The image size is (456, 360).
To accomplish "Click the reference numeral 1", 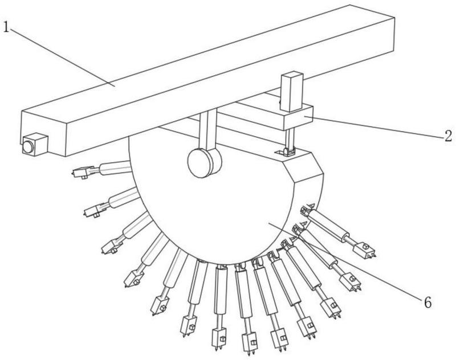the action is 6,27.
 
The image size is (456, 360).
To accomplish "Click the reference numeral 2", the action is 448,136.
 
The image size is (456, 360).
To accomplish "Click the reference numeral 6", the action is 427,303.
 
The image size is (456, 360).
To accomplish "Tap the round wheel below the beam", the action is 205,162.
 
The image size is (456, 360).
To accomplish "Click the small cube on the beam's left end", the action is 35,144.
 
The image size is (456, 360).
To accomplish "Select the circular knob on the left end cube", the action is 28,147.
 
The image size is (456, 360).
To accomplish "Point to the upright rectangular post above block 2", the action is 292,91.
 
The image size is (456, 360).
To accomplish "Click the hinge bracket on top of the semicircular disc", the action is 286,152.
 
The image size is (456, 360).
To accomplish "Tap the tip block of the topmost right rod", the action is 365,251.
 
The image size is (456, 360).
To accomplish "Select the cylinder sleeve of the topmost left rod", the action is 115,168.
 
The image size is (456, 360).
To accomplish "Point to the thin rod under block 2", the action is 290,139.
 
